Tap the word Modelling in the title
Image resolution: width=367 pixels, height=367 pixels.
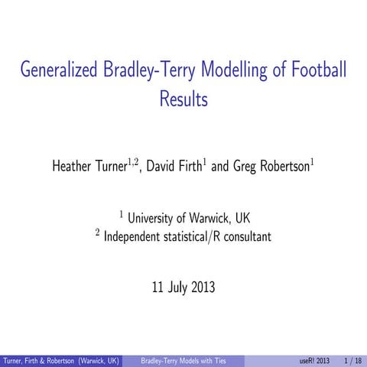[x=233, y=71]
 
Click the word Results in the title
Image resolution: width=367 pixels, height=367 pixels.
[x=184, y=98]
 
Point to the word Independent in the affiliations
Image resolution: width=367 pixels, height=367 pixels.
[x=135, y=237]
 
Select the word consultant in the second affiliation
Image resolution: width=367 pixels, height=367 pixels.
[x=245, y=237]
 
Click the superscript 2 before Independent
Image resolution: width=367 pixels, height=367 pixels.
[x=98, y=232]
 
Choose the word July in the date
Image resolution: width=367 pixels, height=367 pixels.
[x=171, y=288]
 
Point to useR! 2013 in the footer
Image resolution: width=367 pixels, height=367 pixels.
[x=314, y=360]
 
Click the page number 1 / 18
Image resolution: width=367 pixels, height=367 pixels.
[x=353, y=360]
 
